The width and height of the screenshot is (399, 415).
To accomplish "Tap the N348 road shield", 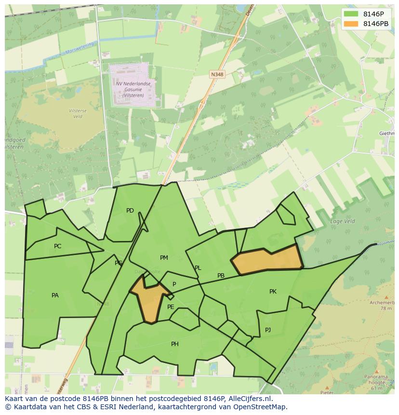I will pos(217,74).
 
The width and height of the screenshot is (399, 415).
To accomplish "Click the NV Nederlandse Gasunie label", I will pos(133,89).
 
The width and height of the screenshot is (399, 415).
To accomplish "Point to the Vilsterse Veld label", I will pos(78,113).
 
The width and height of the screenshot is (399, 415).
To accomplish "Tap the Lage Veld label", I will pos(342,221).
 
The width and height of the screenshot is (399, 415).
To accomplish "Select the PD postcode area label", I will pos(130,211).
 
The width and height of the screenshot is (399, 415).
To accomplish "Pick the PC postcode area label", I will pos(57,246).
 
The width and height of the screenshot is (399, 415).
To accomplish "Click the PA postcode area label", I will pos(55,295).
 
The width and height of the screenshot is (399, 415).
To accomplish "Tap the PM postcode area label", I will pos(164,258).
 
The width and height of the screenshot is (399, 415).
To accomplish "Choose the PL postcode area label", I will pos(198,268).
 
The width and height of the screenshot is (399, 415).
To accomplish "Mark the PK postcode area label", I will pos(273,292).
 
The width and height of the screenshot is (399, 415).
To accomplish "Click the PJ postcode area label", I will pos(268,330).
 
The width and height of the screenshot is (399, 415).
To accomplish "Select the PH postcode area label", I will pos(174,344).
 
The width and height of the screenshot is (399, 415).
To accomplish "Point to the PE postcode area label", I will pos(171,307).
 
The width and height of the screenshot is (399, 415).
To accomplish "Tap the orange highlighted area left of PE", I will pos(150,301).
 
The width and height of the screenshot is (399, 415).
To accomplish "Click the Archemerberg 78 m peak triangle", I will pos(386,298).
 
